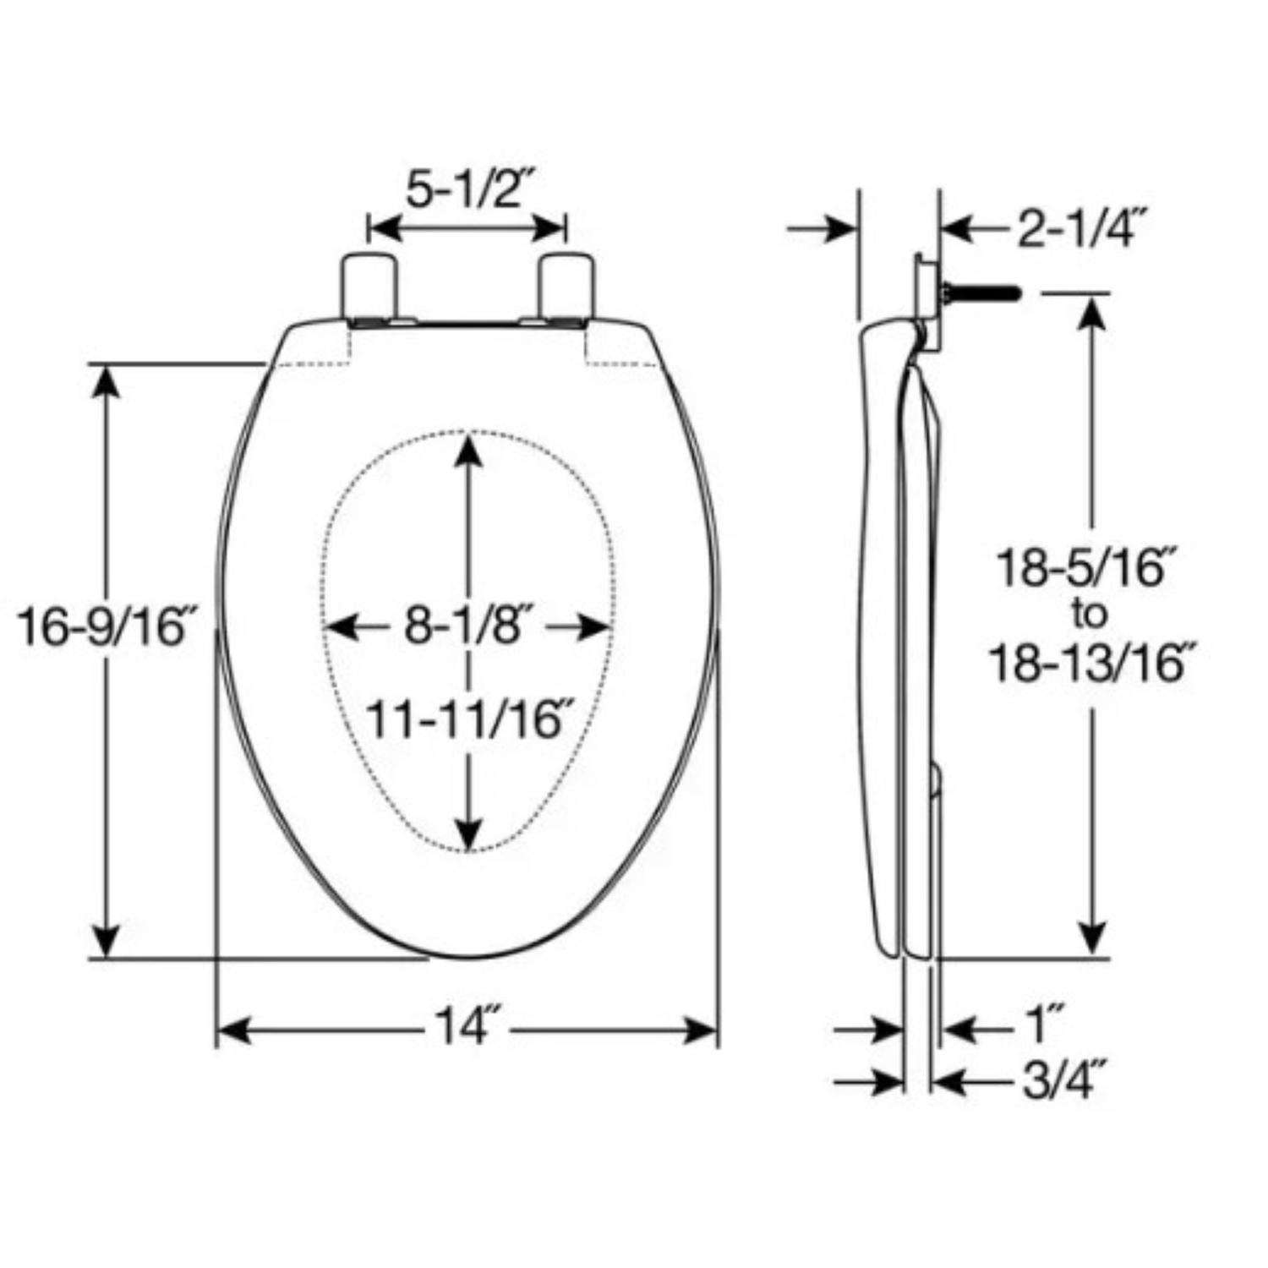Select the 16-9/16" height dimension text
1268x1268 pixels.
click(x=102, y=629)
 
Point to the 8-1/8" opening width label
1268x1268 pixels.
click(x=468, y=627)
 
